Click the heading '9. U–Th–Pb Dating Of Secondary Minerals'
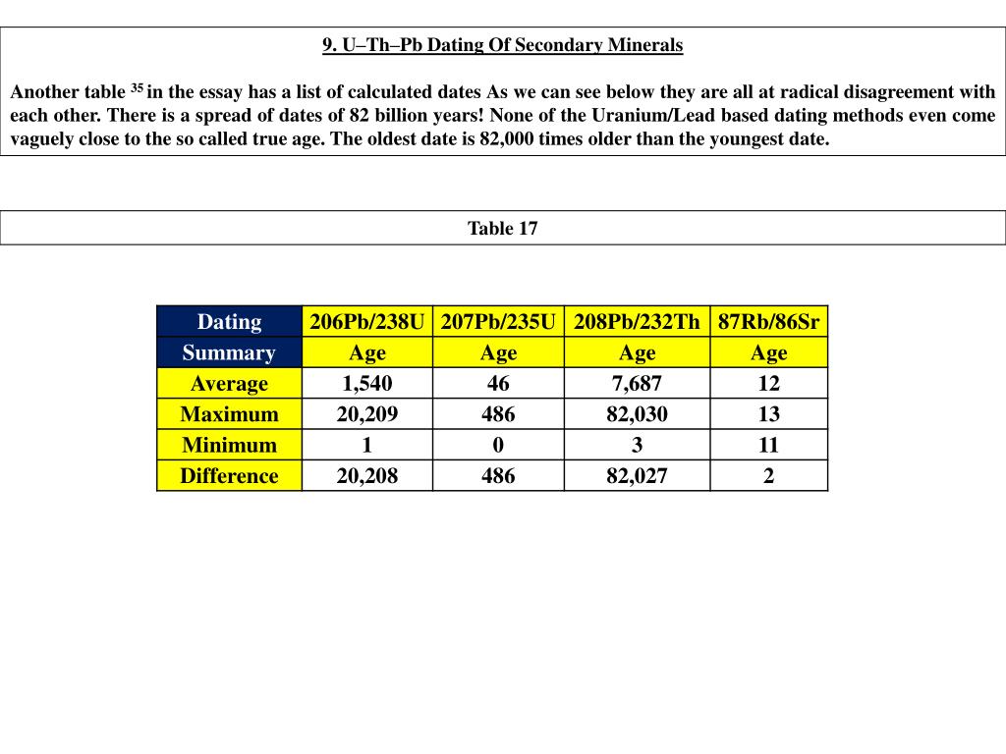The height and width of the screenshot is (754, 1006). coord(502,45)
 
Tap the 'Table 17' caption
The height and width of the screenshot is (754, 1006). coord(502,229)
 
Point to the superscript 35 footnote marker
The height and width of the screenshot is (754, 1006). coord(137,89)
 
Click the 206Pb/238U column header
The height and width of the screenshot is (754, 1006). coord(366,321)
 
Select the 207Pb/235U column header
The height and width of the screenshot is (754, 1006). coord(498,321)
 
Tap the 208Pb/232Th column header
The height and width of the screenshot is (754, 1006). coord(637,321)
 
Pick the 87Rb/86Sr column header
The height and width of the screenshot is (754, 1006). coord(768,321)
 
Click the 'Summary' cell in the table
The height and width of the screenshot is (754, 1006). coord(229,352)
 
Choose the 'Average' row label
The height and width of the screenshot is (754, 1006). coord(229,383)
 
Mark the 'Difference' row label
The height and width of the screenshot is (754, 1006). coord(229,476)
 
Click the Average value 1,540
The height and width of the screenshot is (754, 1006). coord(366,383)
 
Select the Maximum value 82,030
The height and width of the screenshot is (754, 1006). coord(637,414)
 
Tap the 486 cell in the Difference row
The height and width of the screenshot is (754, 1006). coord(498,476)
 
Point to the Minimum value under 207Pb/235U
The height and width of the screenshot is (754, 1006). coord(498,445)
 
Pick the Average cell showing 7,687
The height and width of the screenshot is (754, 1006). coord(637,383)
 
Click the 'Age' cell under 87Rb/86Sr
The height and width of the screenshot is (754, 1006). coord(768,352)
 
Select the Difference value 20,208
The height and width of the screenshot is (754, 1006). coord(366,476)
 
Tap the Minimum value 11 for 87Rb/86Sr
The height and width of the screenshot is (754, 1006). coord(768,445)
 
